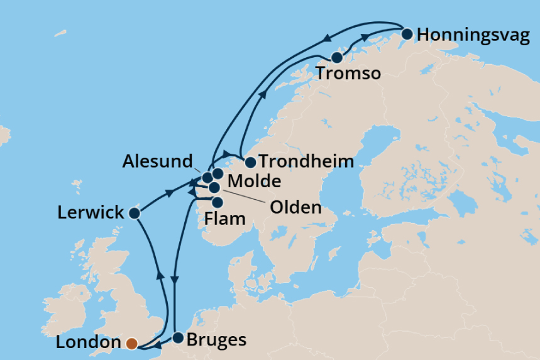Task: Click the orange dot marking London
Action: pyautogui.click(x=131, y=343)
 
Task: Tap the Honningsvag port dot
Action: pyautogui.click(x=407, y=34)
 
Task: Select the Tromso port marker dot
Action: pyautogui.click(x=337, y=58)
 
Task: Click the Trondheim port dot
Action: pyautogui.click(x=250, y=162)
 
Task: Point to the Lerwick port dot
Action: pyautogui.click(x=134, y=213)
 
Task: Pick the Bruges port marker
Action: pyautogui.click(x=178, y=338)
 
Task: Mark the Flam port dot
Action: pyautogui.click(x=218, y=202)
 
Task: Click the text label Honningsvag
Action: pyautogui.click(x=473, y=35)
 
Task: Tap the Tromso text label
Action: pyautogui.click(x=349, y=74)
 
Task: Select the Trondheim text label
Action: pyautogui.click(x=306, y=161)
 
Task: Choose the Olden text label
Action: pyautogui.click(x=295, y=207)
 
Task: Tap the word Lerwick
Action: pyautogui.click(x=91, y=213)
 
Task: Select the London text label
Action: pyautogui.click(x=88, y=343)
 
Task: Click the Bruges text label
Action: pyautogui.click(x=218, y=341)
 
